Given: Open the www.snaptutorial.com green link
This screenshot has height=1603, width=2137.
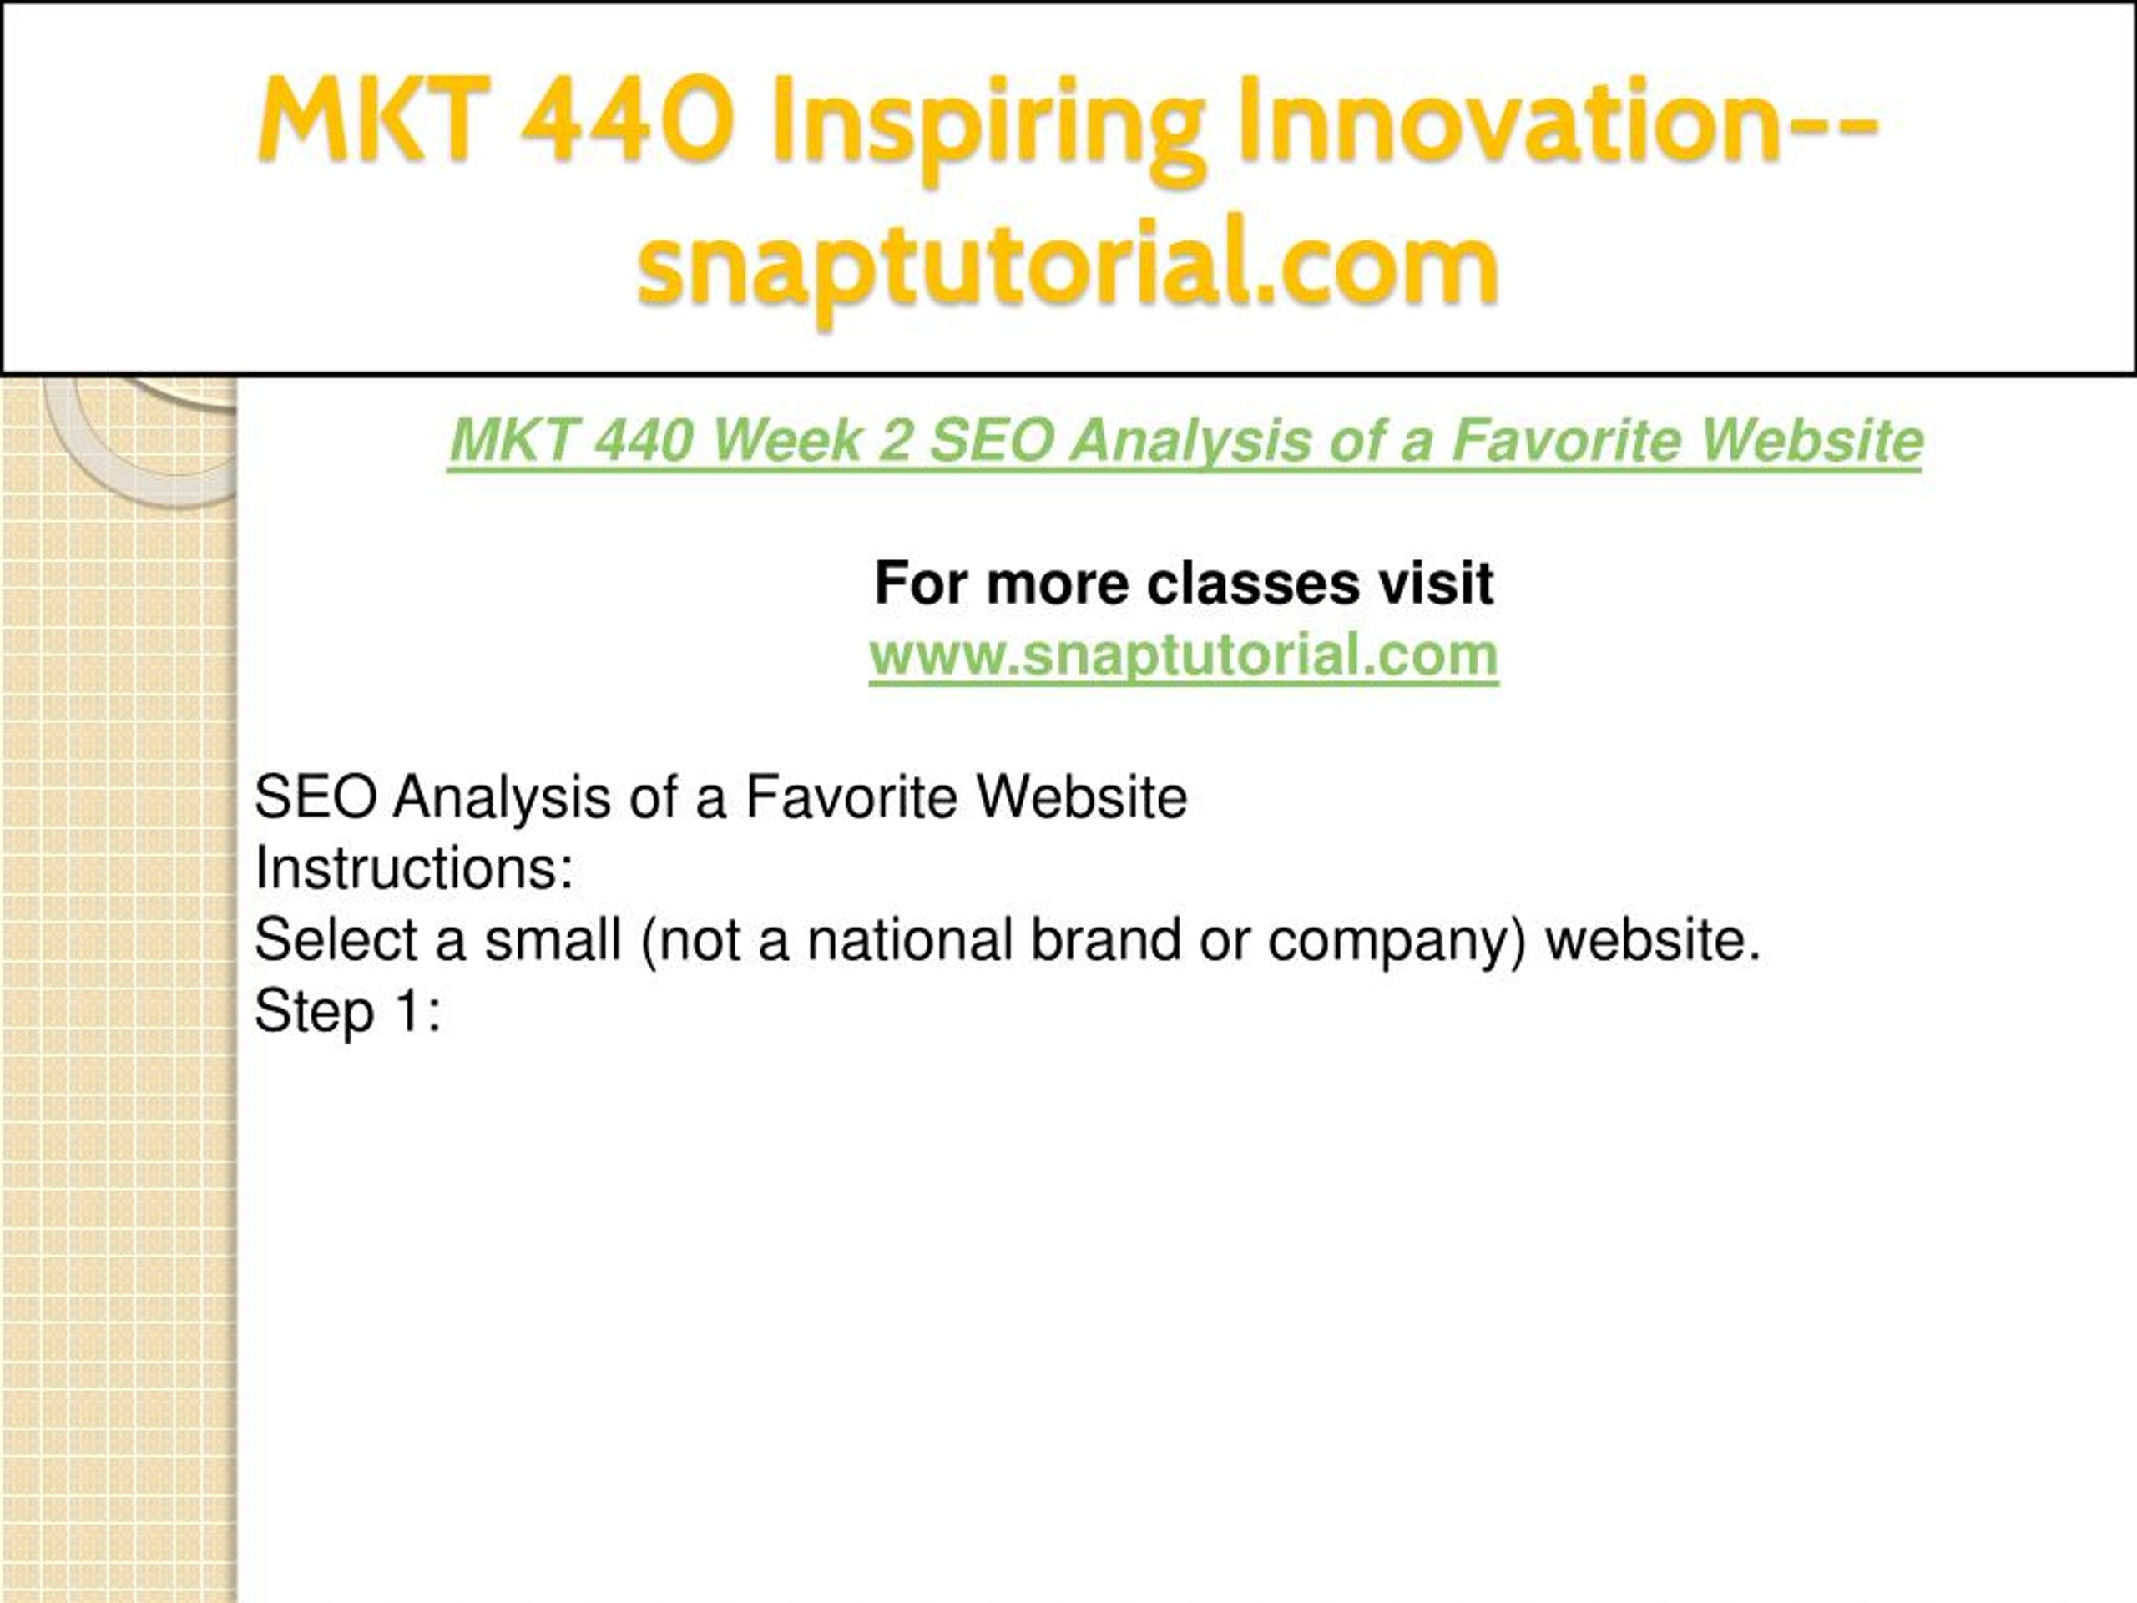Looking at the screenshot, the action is pos(1184,655).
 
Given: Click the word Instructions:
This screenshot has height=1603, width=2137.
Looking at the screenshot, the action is pos(414,867).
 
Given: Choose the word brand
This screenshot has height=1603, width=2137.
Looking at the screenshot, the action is pos(1105,939).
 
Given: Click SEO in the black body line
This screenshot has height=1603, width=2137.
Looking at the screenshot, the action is pos(316,797).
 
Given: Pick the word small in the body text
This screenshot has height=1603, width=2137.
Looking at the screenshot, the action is pos(553,939).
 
